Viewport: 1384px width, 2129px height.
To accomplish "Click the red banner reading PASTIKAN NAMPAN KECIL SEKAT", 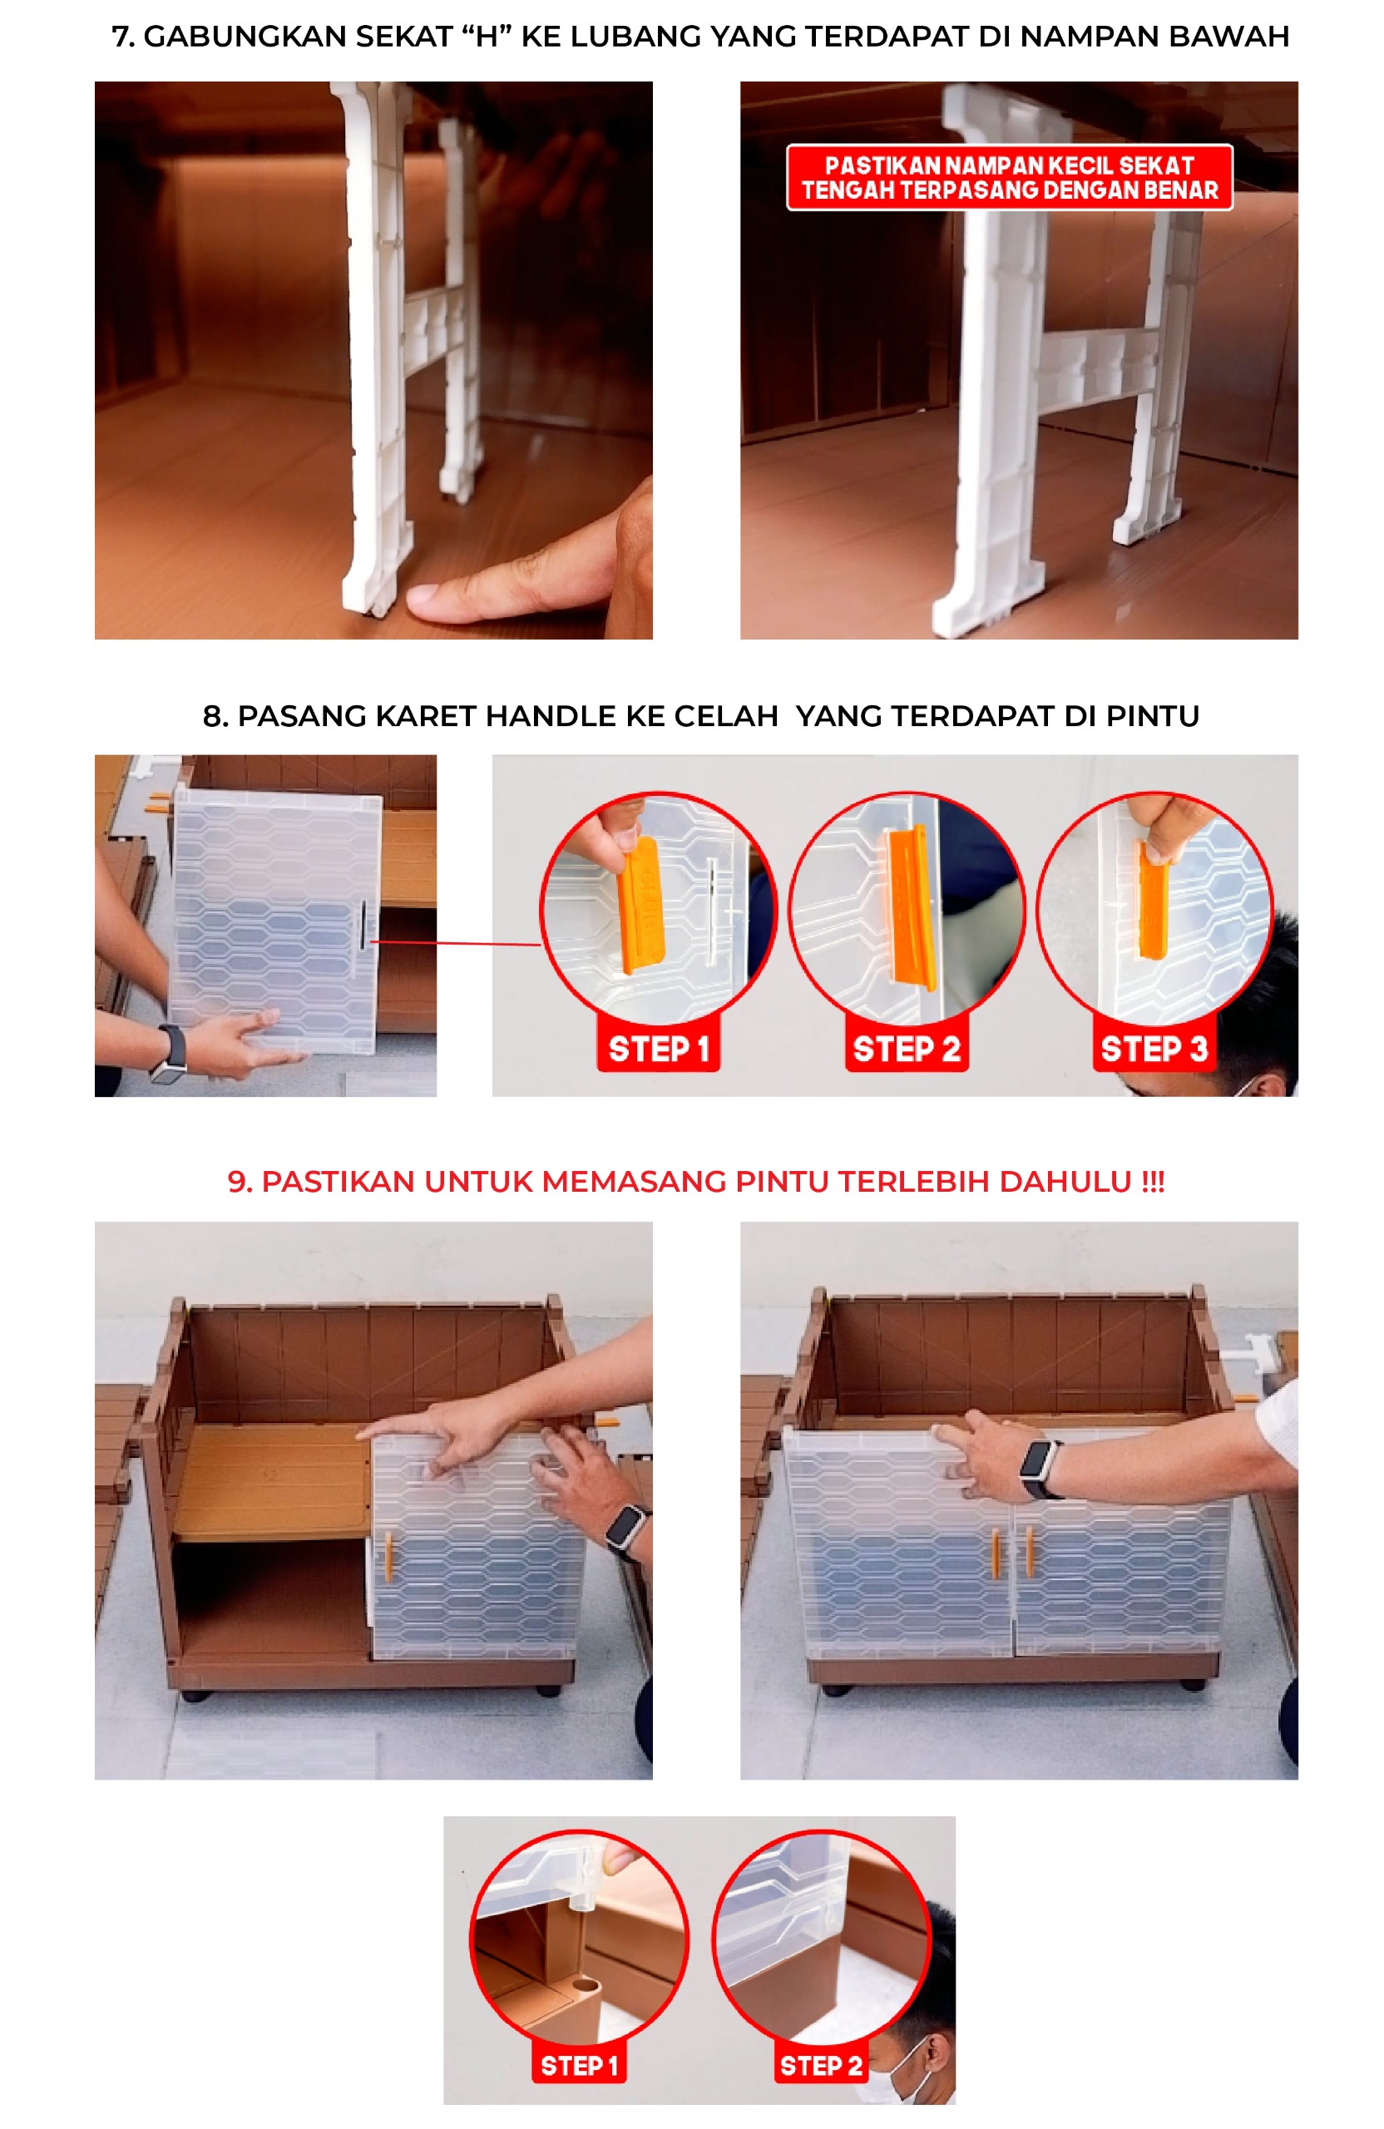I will click(x=1008, y=177).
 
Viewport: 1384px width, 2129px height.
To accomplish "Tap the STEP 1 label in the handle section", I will click(x=658, y=1049).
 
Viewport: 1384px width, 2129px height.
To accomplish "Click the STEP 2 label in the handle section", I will click(x=906, y=1049).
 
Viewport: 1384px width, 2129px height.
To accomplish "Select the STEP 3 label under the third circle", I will click(x=1152, y=1049).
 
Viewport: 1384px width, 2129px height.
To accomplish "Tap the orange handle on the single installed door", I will click(x=388, y=1554).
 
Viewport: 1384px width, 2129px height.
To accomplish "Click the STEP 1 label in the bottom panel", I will click(x=578, y=2066).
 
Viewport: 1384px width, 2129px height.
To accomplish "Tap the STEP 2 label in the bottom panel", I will click(x=819, y=2066).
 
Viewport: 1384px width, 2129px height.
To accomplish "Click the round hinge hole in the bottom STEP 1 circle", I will click(x=585, y=1987).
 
